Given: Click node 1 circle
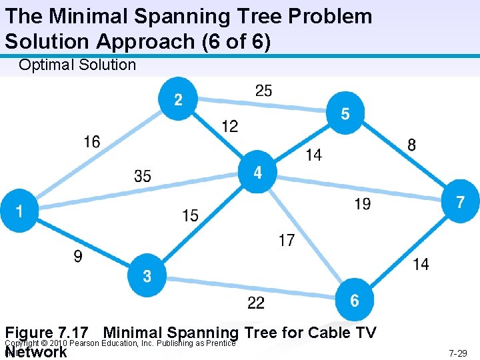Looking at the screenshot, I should [x=19, y=211].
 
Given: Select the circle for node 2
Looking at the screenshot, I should [x=178, y=99].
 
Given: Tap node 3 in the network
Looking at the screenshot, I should [x=147, y=275].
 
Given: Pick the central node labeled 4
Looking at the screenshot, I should [x=257, y=173].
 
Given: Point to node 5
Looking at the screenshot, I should [x=345, y=114].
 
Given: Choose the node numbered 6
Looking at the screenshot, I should [x=354, y=300].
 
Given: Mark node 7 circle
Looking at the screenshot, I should [x=460, y=202].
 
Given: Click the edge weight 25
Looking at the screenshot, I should [x=263, y=90].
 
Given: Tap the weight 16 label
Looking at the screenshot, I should [x=93, y=141].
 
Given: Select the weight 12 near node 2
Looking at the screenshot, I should [x=230, y=126].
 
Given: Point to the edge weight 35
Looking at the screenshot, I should [x=143, y=176].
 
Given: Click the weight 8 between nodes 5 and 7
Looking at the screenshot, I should [x=411, y=145].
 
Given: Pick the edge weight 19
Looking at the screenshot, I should [x=363, y=204].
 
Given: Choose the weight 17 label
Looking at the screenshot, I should [x=287, y=240].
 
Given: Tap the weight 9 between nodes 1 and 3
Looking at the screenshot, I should [x=78, y=256].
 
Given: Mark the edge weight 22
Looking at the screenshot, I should [x=256, y=303].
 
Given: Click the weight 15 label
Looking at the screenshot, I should [x=190, y=215].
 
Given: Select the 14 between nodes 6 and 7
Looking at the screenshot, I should [x=421, y=264].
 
